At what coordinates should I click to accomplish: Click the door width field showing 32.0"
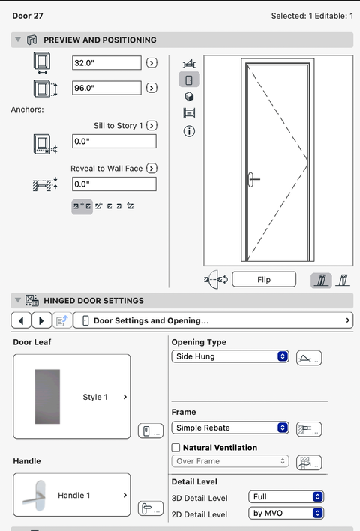pyautogui.click(x=106, y=63)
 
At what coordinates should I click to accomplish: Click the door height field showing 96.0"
pyautogui.click(x=106, y=88)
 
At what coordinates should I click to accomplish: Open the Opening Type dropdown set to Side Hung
pyautogui.click(x=230, y=356)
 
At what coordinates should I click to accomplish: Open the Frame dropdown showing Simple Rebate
pyautogui.click(x=230, y=427)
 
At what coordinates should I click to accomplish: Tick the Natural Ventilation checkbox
pyautogui.click(x=175, y=447)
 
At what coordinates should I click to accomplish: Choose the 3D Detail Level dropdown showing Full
pyautogui.click(x=286, y=496)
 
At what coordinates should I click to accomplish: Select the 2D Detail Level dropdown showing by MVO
pyautogui.click(x=286, y=514)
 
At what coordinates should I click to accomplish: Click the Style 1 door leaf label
pyautogui.click(x=95, y=397)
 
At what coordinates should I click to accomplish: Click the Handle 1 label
pyautogui.click(x=73, y=496)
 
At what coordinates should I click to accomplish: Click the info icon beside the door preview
pyautogui.click(x=189, y=131)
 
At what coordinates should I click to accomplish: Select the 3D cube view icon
pyautogui.click(x=189, y=97)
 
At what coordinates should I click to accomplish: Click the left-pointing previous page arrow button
pyautogui.click(x=21, y=320)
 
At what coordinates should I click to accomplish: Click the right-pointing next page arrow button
pyautogui.click(x=42, y=320)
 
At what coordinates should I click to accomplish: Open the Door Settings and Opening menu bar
pyautogui.click(x=213, y=320)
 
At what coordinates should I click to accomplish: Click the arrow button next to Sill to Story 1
pyautogui.click(x=151, y=126)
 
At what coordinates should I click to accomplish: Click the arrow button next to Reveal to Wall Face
pyautogui.click(x=151, y=168)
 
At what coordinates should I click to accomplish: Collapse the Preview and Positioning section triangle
pyautogui.click(x=18, y=40)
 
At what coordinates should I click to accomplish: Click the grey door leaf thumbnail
pyautogui.click(x=47, y=397)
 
